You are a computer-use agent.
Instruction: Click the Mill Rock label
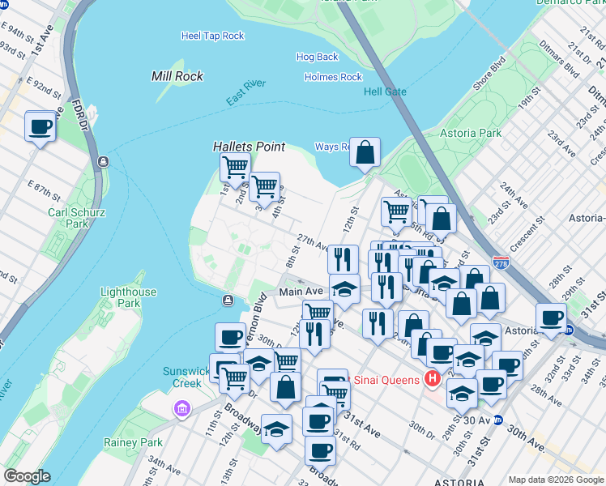tap(177, 76)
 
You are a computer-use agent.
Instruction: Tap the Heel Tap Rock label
tap(212, 36)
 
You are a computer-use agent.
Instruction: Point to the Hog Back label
tap(317, 58)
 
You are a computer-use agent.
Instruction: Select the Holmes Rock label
tap(333, 77)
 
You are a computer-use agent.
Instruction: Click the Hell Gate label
tap(385, 92)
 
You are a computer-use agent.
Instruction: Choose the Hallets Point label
tap(249, 147)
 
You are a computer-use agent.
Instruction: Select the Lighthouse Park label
tap(128, 297)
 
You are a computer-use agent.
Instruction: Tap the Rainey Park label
tap(133, 442)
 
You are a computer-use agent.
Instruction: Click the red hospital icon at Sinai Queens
tap(433, 379)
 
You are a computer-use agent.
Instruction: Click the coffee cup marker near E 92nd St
tap(41, 126)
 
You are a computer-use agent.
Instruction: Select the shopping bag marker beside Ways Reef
tap(365, 151)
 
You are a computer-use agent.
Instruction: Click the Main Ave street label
tap(301, 291)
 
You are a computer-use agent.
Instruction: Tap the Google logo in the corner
tap(27, 476)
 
